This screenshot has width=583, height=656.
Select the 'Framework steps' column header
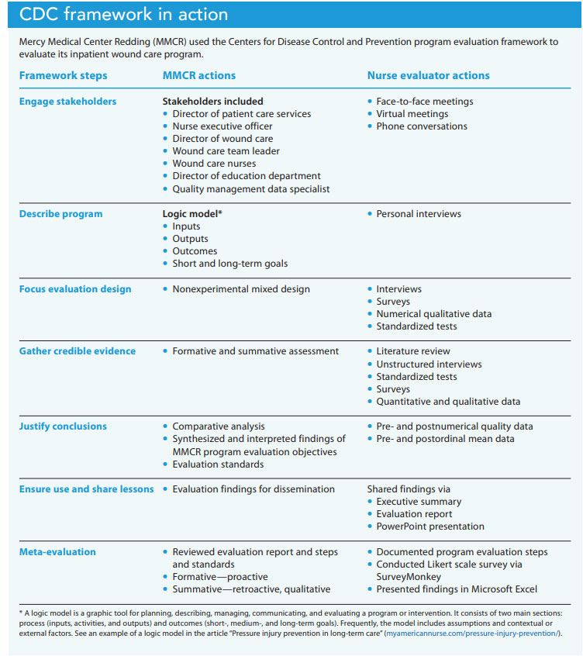click(63, 75)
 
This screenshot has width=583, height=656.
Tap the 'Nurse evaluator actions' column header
click(428, 75)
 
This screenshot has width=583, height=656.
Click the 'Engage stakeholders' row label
click(67, 102)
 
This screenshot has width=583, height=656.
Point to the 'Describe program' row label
click(60, 214)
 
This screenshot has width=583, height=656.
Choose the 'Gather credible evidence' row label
click(77, 351)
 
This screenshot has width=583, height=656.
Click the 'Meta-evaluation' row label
click(57, 552)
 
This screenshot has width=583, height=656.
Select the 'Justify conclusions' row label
click(63, 426)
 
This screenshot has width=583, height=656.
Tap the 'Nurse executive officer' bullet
click(222, 126)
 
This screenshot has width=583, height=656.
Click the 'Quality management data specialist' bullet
click(250, 188)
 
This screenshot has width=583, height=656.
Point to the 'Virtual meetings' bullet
click(412, 114)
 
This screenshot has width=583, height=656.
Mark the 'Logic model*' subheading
click(192, 214)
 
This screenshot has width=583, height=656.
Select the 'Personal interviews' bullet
click(419, 214)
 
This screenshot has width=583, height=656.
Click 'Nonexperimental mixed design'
click(240, 289)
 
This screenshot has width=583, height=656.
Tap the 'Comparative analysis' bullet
click(218, 426)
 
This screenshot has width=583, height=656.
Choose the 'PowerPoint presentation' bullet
click(430, 527)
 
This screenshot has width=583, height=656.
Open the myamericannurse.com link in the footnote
click(474, 634)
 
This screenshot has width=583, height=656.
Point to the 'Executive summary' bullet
click(419, 502)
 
